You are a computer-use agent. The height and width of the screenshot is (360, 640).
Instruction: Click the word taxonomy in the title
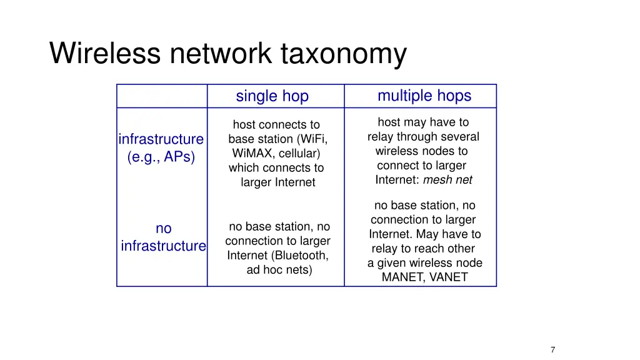pos(343,54)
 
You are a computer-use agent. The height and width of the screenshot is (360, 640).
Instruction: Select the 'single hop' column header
pos(272,96)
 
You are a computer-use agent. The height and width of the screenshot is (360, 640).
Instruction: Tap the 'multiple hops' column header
pos(424,96)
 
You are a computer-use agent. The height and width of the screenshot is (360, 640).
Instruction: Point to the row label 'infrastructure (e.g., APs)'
pos(161,148)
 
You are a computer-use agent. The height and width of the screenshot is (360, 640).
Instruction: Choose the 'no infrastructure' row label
pos(163,237)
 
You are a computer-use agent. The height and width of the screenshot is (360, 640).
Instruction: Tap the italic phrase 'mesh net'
pos(447,180)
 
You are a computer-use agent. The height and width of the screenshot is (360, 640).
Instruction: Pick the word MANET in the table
pos(401,277)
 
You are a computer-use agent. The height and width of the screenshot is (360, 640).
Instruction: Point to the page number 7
pos(552,350)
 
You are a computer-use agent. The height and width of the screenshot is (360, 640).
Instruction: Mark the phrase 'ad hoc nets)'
pos(279,270)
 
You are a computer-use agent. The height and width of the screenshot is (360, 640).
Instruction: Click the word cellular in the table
pos(299,153)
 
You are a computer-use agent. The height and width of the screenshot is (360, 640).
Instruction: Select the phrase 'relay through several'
pos(423,137)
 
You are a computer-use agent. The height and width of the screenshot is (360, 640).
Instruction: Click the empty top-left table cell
pos(162,96)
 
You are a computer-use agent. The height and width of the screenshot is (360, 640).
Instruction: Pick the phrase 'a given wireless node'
pos(424,263)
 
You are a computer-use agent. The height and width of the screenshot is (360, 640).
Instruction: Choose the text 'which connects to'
pos(276,167)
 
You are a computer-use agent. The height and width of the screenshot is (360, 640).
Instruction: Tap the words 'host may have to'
pos(423,122)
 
